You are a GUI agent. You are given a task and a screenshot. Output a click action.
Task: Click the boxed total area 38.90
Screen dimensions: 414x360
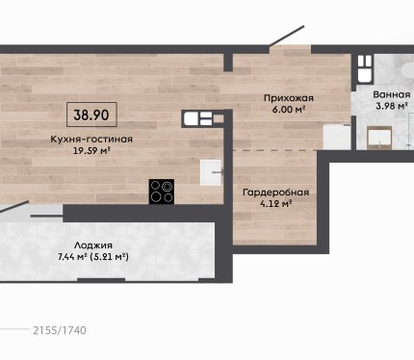[x=91, y=115]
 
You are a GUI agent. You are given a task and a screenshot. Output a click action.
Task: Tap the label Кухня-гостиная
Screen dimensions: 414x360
[x=91, y=140]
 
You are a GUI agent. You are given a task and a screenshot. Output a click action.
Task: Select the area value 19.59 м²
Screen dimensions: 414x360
[x=92, y=150]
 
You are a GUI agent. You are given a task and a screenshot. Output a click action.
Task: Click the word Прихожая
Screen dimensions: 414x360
[x=288, y=98]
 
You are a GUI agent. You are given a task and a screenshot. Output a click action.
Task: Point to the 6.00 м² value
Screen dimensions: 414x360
[x=288, y=109]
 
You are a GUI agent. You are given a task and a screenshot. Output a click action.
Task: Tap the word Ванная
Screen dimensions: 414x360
[x=392, y=94]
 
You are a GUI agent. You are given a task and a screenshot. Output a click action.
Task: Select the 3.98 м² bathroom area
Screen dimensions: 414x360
[x=392, y=106]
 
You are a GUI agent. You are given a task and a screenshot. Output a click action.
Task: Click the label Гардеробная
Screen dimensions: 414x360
[x=276, y=193]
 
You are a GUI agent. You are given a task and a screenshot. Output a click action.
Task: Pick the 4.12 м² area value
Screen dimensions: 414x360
[x=276, y=203]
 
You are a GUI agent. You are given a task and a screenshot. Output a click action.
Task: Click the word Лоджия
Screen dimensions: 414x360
[x=93, y=245]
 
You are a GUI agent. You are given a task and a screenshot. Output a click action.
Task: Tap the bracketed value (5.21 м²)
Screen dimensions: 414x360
[x=109, y=257]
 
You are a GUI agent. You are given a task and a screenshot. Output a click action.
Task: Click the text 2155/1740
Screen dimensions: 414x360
[x=60, y=330]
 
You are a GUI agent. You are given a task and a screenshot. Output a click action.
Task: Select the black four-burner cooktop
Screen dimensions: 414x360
[x=162, y=192]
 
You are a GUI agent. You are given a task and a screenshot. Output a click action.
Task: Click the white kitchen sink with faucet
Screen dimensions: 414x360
[x=211, y=172]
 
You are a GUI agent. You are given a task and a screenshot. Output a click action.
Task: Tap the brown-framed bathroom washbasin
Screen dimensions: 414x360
[x=379, y=138]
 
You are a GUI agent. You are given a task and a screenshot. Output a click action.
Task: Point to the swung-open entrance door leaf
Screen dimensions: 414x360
[x=287, y=36]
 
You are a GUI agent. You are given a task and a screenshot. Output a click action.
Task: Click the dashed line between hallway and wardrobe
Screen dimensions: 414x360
[x=275, y=150]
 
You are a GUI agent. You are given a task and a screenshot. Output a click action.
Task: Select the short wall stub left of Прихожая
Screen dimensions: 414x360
[x=228, y=63]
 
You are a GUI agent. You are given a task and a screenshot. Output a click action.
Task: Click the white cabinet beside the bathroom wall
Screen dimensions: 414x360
[x=336, y=137]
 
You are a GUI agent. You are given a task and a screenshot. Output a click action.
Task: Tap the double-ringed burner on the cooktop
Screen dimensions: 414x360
[x=167, y=186]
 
